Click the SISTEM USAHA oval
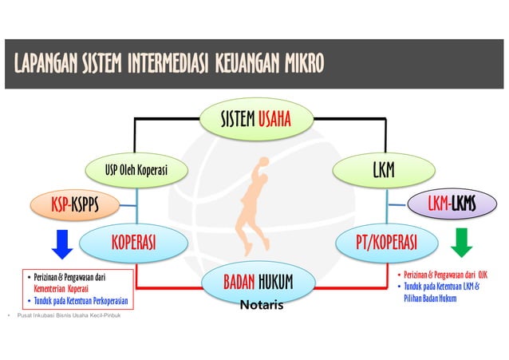coord(254,120)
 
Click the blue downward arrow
coord(62,243)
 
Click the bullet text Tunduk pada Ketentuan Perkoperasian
coord(80,300)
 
